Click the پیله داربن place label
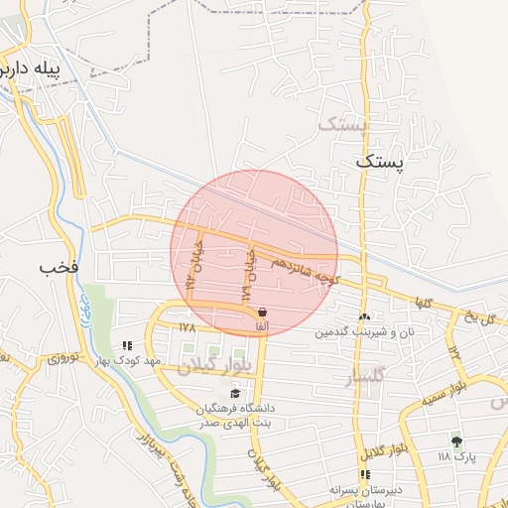click(x=44, y=69)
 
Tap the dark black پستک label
click(x=381, y=160)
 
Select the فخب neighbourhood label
click(x=58, y=268)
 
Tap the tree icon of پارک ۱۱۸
click(x=456, y=442)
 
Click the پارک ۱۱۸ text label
click(x=457, y=457)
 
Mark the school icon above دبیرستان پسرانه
click(x=366, y=474)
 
